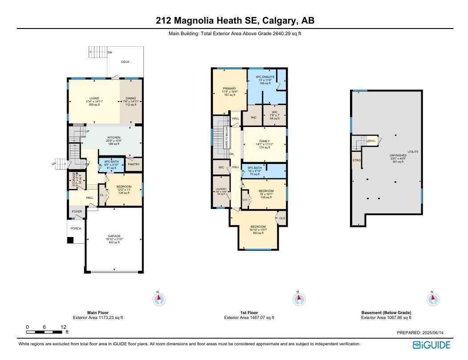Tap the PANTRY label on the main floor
134,164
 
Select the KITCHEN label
114,138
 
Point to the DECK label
126,62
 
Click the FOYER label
77,212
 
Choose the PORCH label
76,229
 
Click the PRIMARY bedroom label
229,89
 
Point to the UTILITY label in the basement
413,152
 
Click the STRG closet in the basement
356,160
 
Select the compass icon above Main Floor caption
159,299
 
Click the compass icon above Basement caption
431,299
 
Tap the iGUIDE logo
431,345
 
